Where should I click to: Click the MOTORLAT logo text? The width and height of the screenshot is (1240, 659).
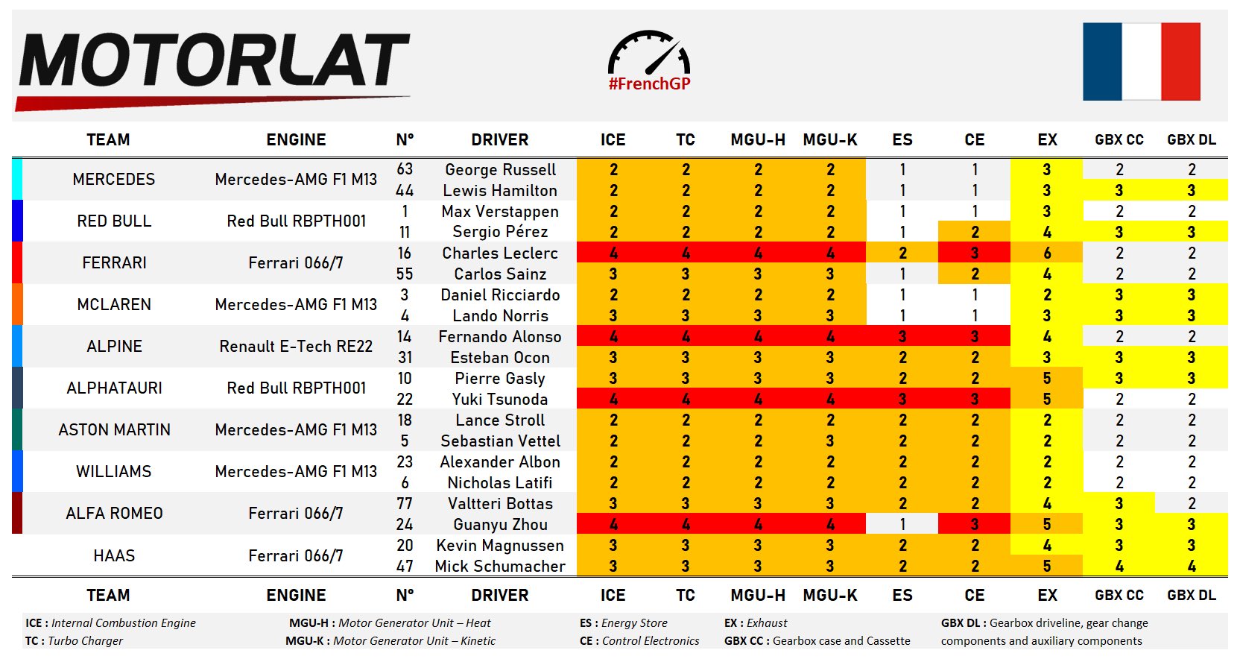coord(214,61)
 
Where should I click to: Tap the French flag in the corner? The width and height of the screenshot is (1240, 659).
coord(1141,62)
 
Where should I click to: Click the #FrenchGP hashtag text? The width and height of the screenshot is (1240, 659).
coord(649,84)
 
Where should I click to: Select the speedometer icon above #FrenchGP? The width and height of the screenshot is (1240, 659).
coord(649,52)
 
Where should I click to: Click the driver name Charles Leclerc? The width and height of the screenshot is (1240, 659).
coord(499,253)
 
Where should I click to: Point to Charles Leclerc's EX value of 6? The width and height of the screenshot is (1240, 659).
coord(1046,253)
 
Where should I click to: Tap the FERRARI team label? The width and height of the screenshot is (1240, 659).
coord(114,263)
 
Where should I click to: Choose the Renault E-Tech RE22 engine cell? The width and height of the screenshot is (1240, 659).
coord(296,347)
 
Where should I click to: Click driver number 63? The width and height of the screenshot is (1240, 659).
coord(405,169)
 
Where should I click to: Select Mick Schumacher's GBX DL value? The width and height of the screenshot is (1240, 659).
coord(1191,567)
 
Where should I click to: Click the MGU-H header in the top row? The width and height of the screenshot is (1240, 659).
coord(757,140)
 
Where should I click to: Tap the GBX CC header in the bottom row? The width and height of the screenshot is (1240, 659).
coord(1119,596)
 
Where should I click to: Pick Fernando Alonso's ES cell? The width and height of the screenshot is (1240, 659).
coord(902,337)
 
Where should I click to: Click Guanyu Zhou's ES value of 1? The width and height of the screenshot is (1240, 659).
coord(902,525)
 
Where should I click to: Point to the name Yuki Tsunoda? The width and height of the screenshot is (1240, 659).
coord(499,400)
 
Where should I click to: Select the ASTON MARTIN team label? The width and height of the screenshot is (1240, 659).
coord(114,430)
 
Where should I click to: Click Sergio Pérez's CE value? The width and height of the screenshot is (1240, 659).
coord(974,233)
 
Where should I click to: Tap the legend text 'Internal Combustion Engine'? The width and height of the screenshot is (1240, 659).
coord(124,623)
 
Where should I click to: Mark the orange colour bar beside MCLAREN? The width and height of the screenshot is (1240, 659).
coord(17,304)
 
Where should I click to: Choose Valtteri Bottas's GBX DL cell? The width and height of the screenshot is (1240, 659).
coord(1191,504)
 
